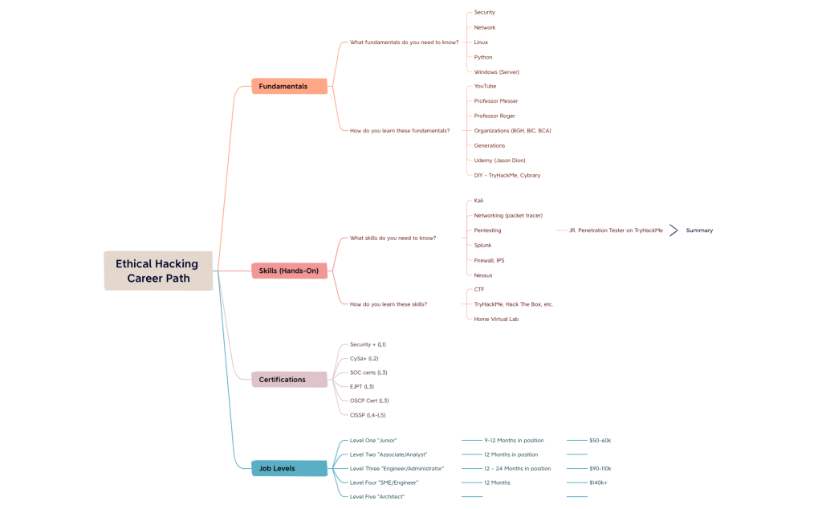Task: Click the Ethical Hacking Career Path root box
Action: pos(158,271)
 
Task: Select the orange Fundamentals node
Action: pos(289,86)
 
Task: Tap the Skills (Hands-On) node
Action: pos(289,271)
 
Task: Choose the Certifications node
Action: pos(289,380)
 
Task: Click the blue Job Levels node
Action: pos(289,468)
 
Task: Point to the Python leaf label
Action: pos(483,57)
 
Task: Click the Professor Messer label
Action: pos(496,101)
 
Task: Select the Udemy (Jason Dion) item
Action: pos(500,161)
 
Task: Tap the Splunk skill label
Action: pos(483,245)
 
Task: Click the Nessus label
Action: pos(483,275)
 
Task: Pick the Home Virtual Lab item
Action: pos(496,319)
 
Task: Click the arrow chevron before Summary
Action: pos(674,230)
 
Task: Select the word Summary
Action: pos(699,230)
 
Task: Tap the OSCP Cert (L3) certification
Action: pos(369,401)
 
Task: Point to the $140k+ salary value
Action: pos(598,483)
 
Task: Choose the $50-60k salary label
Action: pos(600,440)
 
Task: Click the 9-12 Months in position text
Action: pos(514,440)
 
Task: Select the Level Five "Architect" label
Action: pos(377,497)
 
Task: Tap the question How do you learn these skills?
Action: pos(389,304)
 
